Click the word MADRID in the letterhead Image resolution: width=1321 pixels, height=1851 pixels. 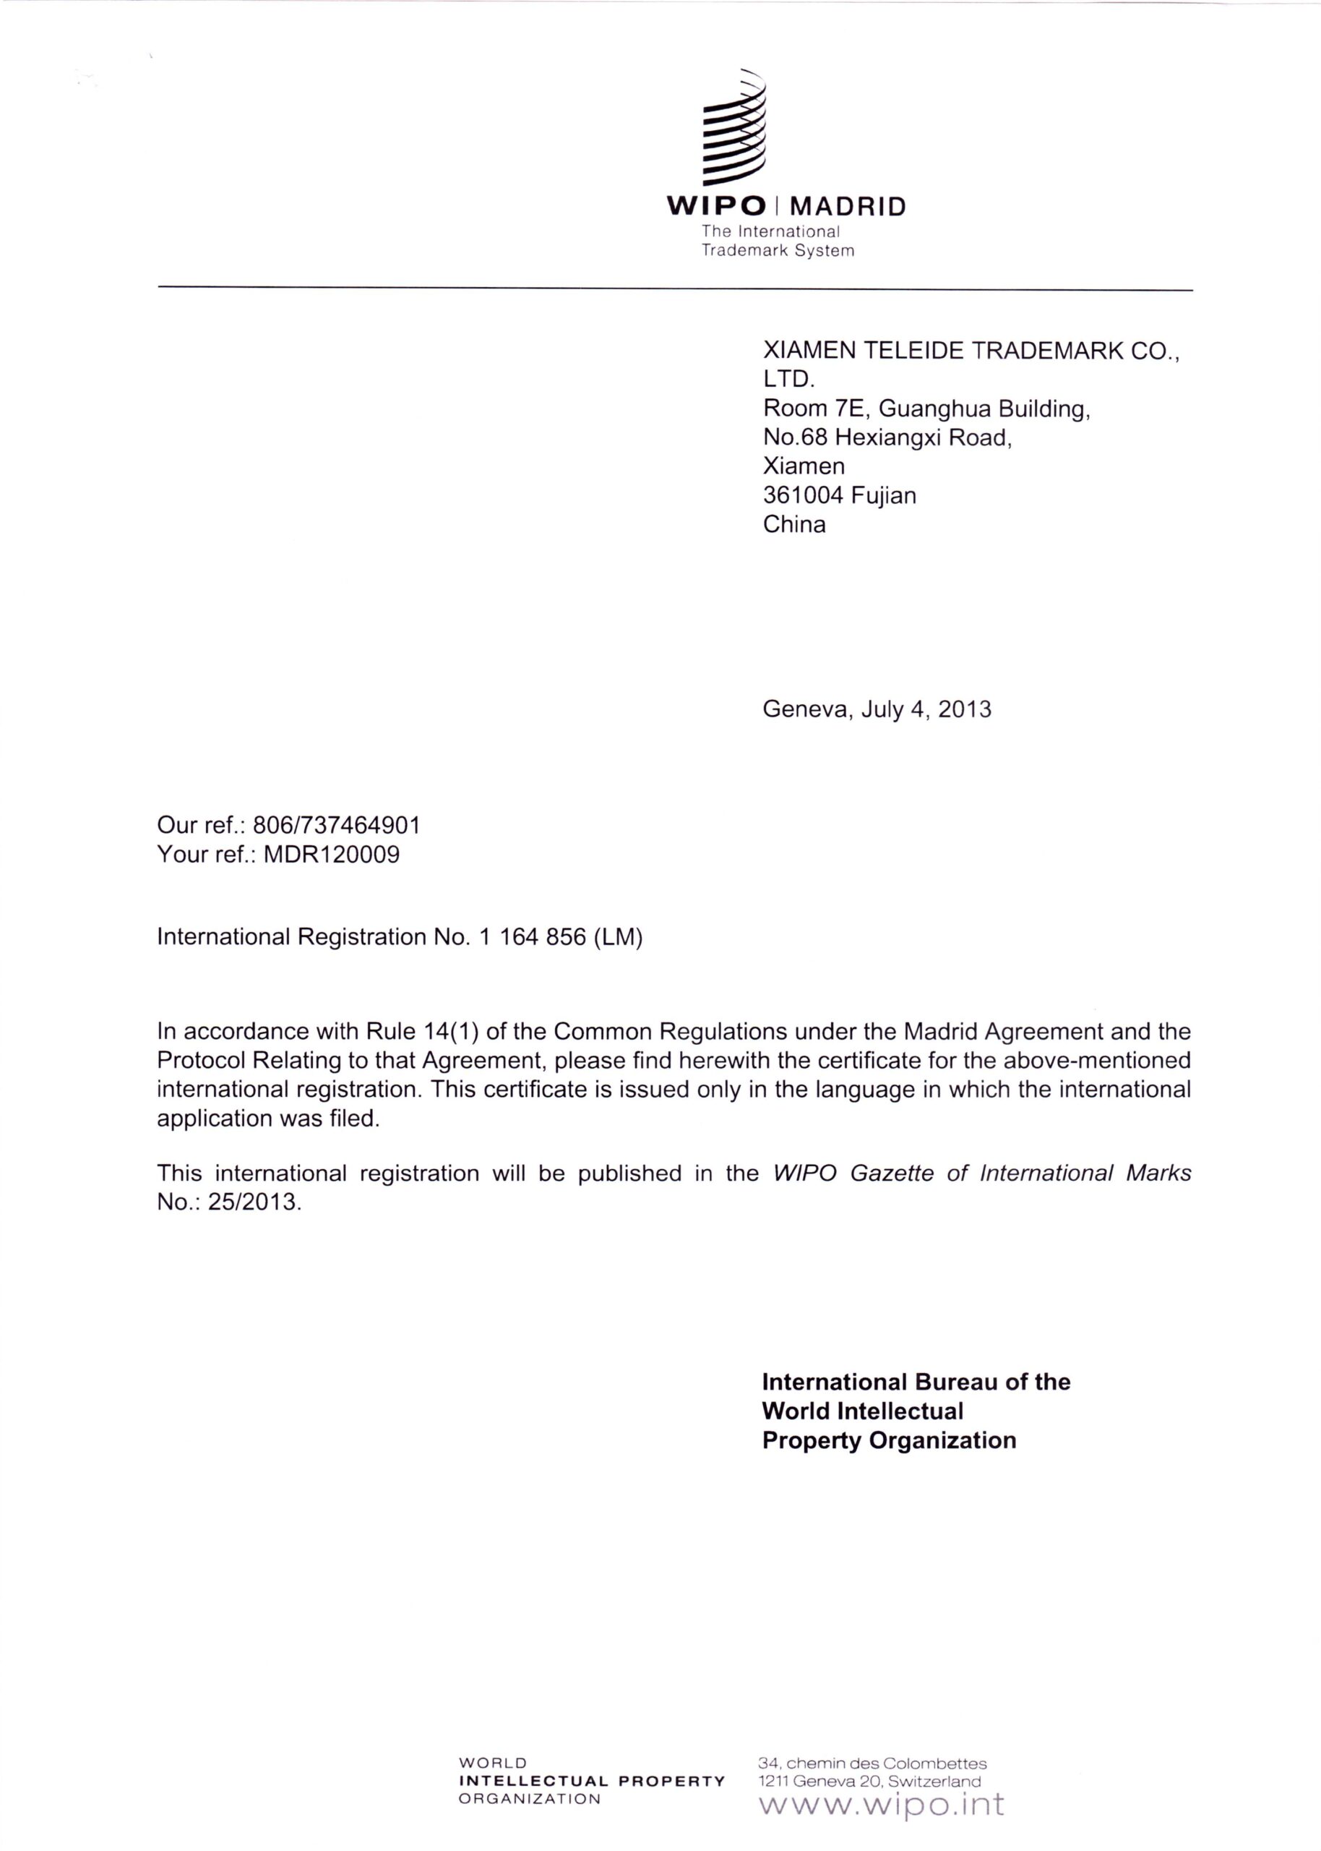point(848,207)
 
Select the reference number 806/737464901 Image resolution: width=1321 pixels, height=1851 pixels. point(337,826)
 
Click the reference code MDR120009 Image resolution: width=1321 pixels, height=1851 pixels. point(332,855)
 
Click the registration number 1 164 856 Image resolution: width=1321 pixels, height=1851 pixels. point(533,937)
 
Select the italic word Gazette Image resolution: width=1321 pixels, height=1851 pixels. point(892,1174)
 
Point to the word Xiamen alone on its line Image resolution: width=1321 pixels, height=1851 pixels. point(804,466)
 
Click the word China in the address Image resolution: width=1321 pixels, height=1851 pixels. point(794,525)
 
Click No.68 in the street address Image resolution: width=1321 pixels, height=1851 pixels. point(795,437)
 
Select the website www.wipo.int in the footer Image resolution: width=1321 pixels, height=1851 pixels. point(881,1804)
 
